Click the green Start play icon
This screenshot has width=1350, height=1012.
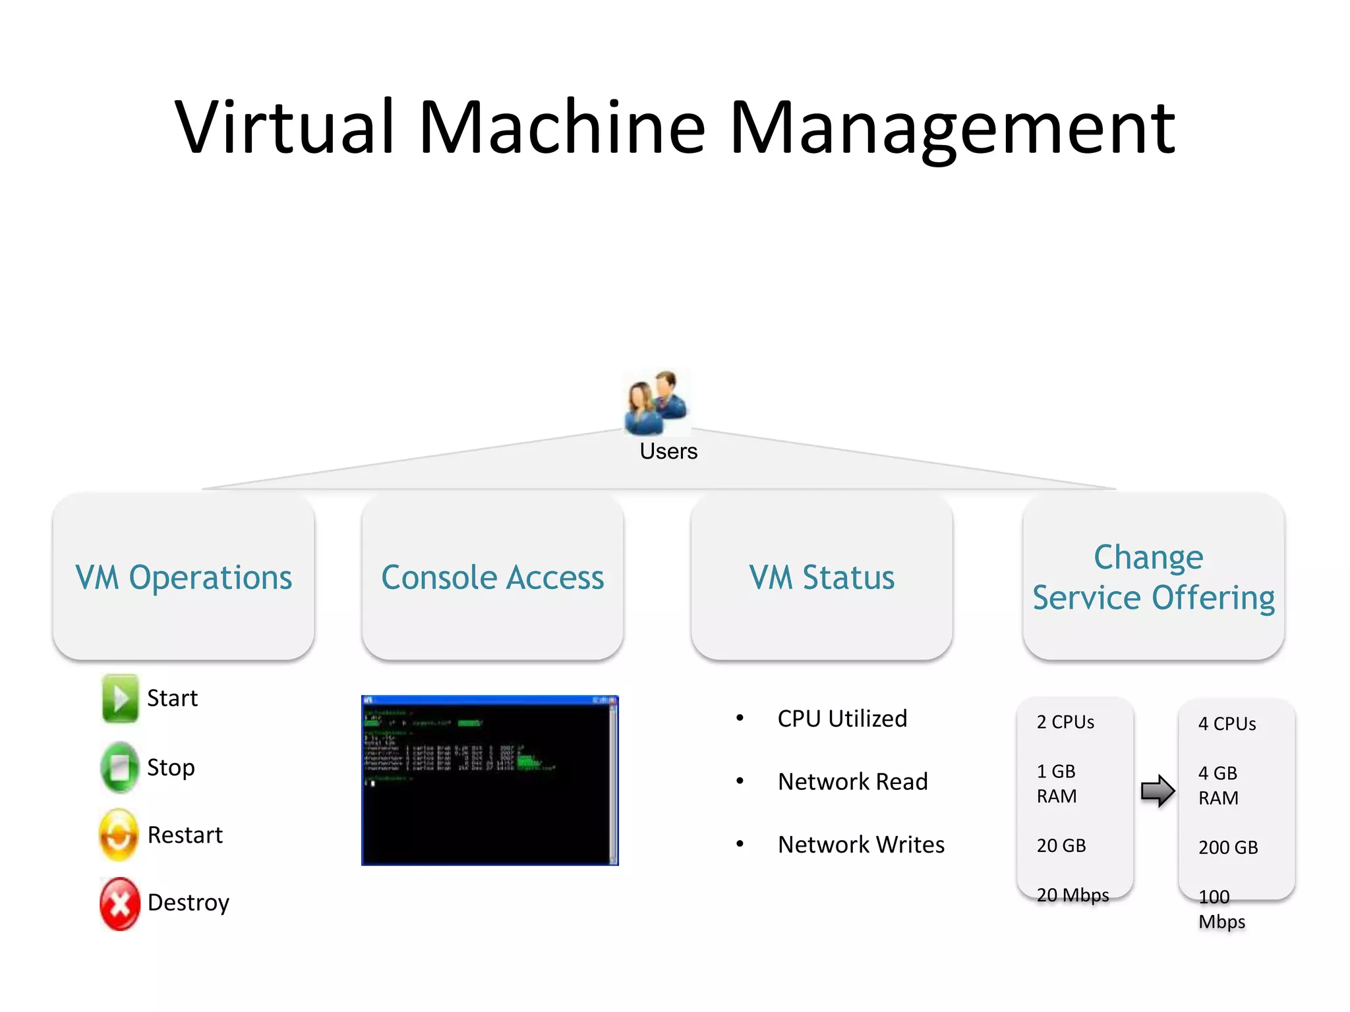[x=120, y=698]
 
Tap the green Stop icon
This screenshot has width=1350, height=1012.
[x=119, y=767]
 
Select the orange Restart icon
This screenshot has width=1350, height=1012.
[x=119, y=835]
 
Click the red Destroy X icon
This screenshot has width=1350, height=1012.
[x=119, y=903]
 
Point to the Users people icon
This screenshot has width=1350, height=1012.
[x=656, y=402]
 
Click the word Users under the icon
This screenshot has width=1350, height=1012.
[x=668, y=451]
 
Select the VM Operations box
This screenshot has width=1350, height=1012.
[x=183, y=577]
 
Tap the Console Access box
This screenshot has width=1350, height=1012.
[x=492, y=577]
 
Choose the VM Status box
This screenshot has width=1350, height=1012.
[x=821, y=577]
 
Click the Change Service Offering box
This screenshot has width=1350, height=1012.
[x=1153, y=577]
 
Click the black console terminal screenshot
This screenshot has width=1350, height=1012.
[x=490, y=780]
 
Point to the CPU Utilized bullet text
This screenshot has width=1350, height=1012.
[x=842, y=718]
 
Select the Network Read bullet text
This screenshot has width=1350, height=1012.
[x=852, y=781]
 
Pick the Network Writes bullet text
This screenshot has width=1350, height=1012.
[x=861, y=845]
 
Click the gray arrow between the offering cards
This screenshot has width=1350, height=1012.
[x=1157, y=791]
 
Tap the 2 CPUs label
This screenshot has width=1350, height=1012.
[x=1065, y=722]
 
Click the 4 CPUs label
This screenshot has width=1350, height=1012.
[x=1227, y=724]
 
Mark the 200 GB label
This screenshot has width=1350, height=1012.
[x=1228, y=847]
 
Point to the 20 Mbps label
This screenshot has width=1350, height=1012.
[x=1072, y=895]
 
